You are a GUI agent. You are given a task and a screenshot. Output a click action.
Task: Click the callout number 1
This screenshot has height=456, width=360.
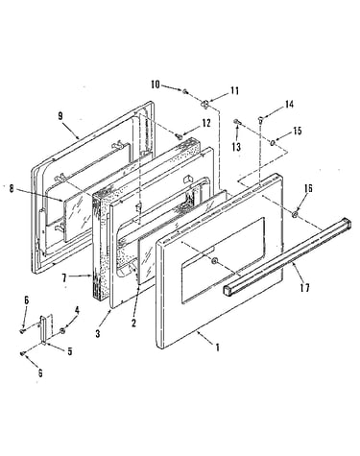pos(218,348)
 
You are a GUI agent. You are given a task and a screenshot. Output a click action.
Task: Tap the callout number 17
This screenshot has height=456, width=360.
pos(305,288)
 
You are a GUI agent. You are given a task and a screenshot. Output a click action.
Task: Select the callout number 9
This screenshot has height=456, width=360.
pos(60,116)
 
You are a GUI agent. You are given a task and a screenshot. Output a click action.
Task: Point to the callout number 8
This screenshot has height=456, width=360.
pos(12,189)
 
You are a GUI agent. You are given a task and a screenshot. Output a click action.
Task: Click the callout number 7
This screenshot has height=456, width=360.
pos(64,277)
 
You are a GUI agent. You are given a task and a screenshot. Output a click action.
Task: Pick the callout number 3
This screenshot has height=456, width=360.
pos(98,333)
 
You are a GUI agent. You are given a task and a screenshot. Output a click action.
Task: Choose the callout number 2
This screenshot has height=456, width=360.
pos(133,324)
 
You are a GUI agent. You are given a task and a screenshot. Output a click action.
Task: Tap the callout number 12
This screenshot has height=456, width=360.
pos(206,123)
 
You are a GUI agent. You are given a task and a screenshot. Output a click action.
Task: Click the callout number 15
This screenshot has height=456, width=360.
pos(298,131)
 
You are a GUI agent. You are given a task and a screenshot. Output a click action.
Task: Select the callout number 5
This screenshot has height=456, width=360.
pos(70,351)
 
